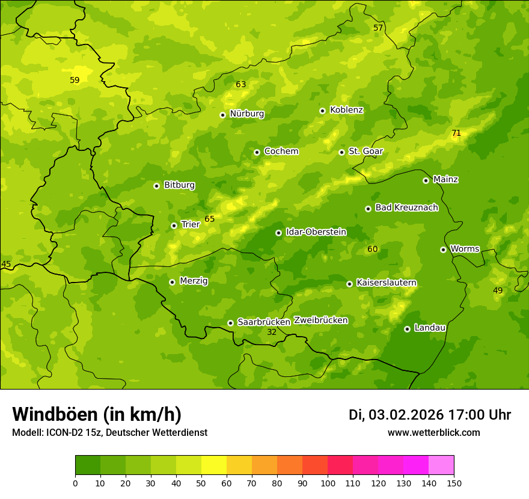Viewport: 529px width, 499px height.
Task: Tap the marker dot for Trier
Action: tap(174, 225)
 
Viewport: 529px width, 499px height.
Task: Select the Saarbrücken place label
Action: tap(263, 322)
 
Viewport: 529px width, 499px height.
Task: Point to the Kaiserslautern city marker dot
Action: tap(349, 284)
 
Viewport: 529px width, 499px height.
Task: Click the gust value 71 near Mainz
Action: tap(456, 133)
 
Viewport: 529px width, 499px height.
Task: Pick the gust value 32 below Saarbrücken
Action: tap(272, 332)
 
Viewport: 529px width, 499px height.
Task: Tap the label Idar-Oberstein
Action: tap(316, 232)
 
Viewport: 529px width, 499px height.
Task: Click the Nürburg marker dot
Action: tap(222, 115)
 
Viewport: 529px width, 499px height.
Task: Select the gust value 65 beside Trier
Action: tap(209, 219)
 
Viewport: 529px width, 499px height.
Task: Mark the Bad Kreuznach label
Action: tap(406, 208)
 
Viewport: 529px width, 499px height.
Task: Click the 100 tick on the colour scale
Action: tap(328, 483)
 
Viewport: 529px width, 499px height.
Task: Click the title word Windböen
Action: tap(55, 414)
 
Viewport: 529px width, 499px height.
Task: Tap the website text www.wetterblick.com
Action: tap(433, 433)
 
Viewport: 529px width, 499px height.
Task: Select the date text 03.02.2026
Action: tap(406, 415)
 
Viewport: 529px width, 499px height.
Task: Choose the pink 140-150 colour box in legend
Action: tap(441, 465)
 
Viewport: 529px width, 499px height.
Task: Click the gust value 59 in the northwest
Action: tap(75, 80)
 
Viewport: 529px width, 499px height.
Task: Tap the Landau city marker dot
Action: tap(407, 329)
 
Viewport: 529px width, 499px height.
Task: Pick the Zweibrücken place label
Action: tap(320, 320)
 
